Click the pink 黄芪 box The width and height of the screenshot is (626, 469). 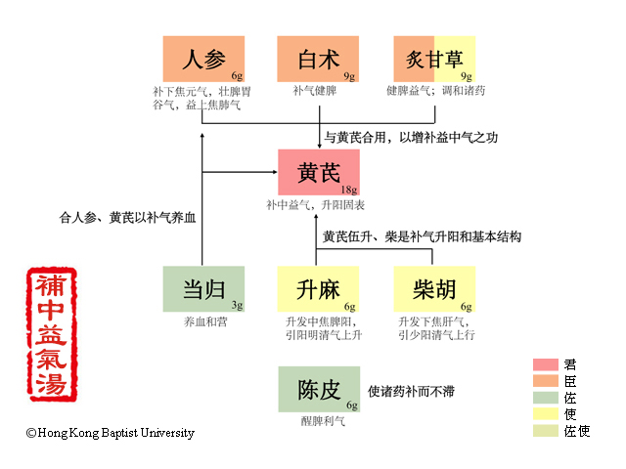click(319, 173)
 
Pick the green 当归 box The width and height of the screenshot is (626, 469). click(203, 288)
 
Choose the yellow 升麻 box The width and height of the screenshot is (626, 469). click(319, 288)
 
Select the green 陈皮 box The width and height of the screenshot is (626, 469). click(319, 390)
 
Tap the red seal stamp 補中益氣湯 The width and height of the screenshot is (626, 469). click(52, 333)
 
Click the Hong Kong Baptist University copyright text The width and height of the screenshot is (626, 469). click(110, 433)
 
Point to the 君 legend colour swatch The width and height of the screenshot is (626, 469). click(545, 364)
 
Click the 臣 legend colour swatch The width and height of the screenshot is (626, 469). click(545, 381)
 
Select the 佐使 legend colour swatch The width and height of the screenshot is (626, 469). click(545, 431)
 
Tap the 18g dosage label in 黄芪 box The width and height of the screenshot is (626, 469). click(348, 190)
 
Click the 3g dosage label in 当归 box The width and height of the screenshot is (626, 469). click(237, 305)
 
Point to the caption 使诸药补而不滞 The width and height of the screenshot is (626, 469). click(410, 391)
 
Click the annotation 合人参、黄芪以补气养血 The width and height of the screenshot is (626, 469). click(128, 217)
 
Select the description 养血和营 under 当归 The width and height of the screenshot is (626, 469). click(203, 320)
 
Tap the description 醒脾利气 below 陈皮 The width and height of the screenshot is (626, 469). click(319, 422)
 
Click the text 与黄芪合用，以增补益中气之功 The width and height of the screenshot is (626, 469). click(411, 137)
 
